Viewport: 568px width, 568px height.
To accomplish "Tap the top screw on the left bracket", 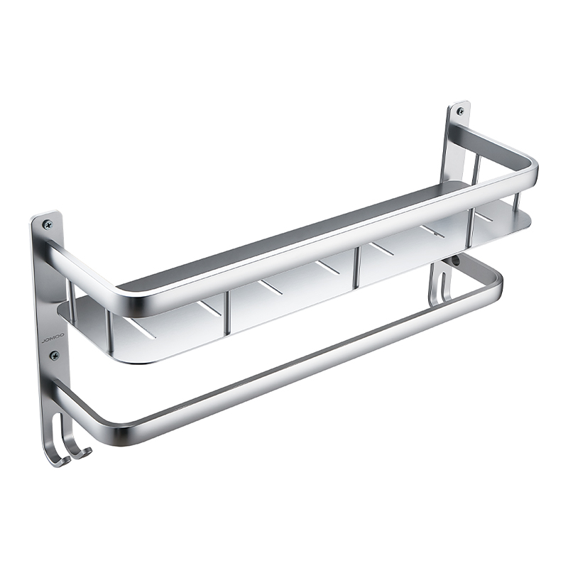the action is coord(48,224).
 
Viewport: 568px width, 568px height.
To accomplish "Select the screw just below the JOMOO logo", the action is coord(55,355).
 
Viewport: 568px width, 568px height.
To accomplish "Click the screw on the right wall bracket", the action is coord(460,111).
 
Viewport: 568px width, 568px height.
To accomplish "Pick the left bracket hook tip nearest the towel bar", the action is coord(89,450).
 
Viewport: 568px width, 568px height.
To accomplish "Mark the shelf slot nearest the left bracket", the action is coord(145,329).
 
